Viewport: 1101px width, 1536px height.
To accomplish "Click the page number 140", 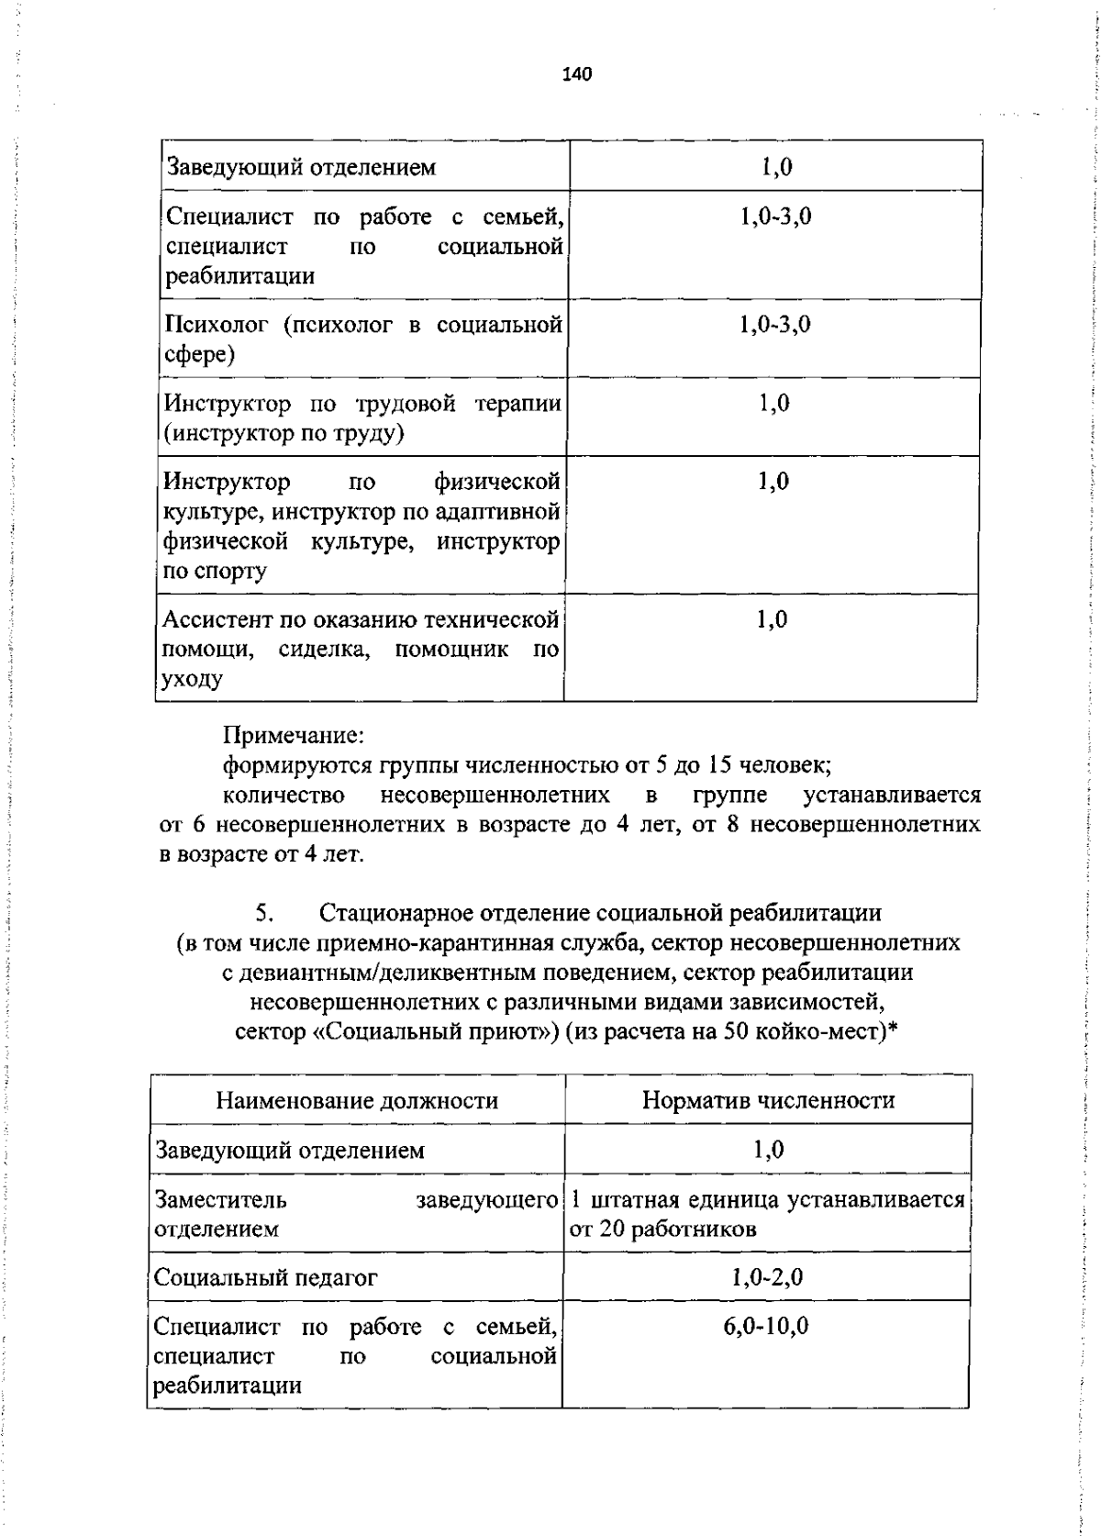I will [x=579, y=74].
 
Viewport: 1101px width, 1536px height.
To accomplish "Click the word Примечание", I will [x=295, y=735].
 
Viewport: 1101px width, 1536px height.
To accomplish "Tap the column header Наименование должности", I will [x=357, y=1100].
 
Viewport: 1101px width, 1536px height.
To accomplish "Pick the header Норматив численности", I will [x=768, y=1100].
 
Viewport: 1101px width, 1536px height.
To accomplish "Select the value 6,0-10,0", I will [x=766, y=1326].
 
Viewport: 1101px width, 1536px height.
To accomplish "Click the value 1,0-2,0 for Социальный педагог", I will [x=768, y=1277].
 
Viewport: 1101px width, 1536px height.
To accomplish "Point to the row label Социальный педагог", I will [x=266, y=1277].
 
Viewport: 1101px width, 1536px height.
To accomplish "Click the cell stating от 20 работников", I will [x=663, y=1229].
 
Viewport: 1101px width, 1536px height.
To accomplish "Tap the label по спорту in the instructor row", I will [x=216, y=571].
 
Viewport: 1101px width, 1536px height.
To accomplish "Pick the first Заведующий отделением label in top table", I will [x=301, y=168].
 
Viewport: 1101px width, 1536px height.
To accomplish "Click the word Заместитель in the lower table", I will [x=220, y=1199].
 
